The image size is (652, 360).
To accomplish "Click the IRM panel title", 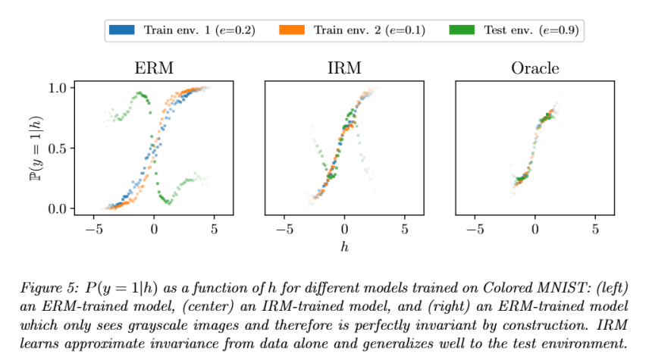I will pos(343,68).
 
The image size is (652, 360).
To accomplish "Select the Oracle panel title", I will pos(534,68).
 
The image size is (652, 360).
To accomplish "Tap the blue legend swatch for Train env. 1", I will pos(122,30).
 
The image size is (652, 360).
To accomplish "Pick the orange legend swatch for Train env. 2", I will pos(292,30).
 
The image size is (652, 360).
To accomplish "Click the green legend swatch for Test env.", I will pos(462,30).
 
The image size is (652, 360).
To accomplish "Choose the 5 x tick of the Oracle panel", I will pos(595,227).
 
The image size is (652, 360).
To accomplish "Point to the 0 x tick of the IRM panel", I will pos(344,227).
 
